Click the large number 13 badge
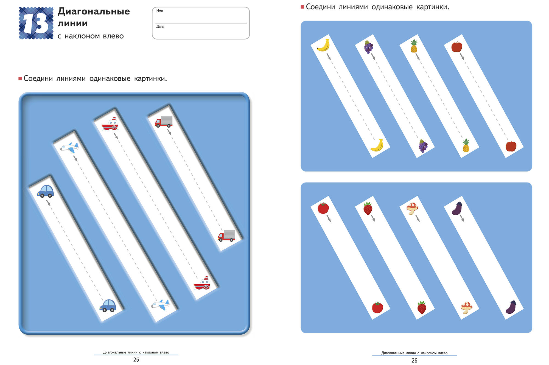point(36,23)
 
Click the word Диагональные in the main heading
point(94,12)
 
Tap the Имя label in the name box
point(159,10)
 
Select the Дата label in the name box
point(160,26)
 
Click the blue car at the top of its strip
point(46,191)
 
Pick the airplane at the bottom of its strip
point(160,305)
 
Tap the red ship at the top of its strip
point(110,124)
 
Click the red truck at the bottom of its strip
point(226,235)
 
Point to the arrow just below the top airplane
point(75,158)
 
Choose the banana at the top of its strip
point(323,45)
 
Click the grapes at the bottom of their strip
point(423,146)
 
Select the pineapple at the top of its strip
point(414,46)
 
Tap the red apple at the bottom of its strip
point(511,146)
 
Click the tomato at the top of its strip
point(323,208)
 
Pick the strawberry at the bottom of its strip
point(422,307)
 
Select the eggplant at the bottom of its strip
point(511,307)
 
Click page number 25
point(136,360)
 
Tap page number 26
point(414,361)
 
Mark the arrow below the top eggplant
point(462,218)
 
